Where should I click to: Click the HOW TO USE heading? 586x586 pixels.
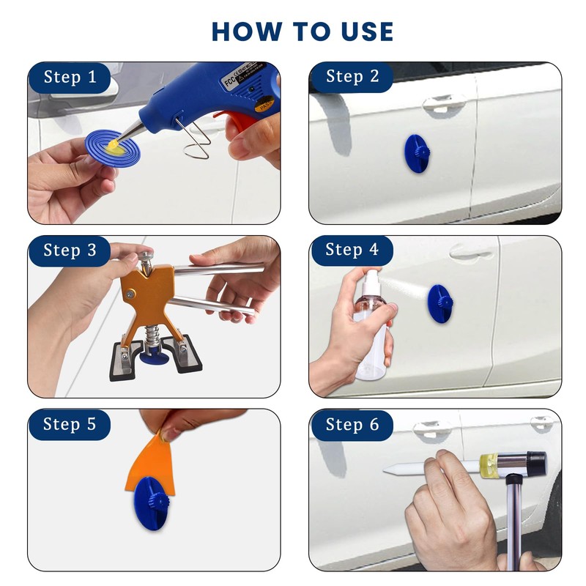pyautogui.click(x=303, y=31)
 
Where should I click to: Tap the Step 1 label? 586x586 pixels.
pyautogui.click(x=70, y=77)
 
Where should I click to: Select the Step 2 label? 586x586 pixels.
pyautogui.click(x=352, y=76)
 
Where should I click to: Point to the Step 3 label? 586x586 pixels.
pyautogui.click(x=70, y=250)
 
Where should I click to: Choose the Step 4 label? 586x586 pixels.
pyautogui.click(x=352, y=249)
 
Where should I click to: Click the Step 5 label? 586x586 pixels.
pyautogui.click(x=70, y=424)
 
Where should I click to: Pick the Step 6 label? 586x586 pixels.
pyautogui.click(x=352, y=425)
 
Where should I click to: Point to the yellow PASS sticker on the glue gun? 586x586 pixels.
pyautogui.click(x=264, y=105)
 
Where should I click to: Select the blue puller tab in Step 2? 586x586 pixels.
pyautogui.click(x=416, y=153)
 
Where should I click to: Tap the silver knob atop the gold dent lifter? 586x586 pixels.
pyautogui.click(x=146, y=256)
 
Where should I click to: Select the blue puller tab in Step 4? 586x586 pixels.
pyautogui.click(x=440, y=303)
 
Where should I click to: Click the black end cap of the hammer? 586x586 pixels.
pyautogui.click(x=537, y=463)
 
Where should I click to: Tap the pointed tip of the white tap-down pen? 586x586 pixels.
pyautogui.click(x=384, y=470)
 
